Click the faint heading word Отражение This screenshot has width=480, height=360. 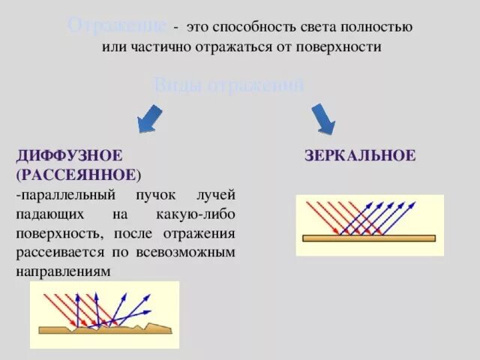(x=118, y=25)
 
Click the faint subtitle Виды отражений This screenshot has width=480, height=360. (x=229, y=85)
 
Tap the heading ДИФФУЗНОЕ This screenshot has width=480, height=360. (x=69, y=156)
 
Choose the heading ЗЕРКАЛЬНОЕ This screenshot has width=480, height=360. (x=361, y=156)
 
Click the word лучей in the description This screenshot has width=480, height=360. (x=216, y=195)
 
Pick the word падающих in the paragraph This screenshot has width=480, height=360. (x=47, y=214)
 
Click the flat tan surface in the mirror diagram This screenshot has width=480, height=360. (x=368, y=238)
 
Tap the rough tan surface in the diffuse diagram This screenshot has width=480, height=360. (x=105, y=328)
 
